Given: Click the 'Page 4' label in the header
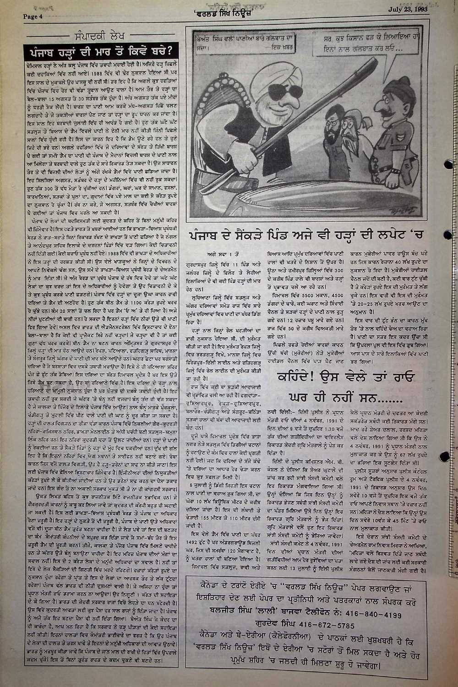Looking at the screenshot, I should pyautogui.click(x=33, y=17).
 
